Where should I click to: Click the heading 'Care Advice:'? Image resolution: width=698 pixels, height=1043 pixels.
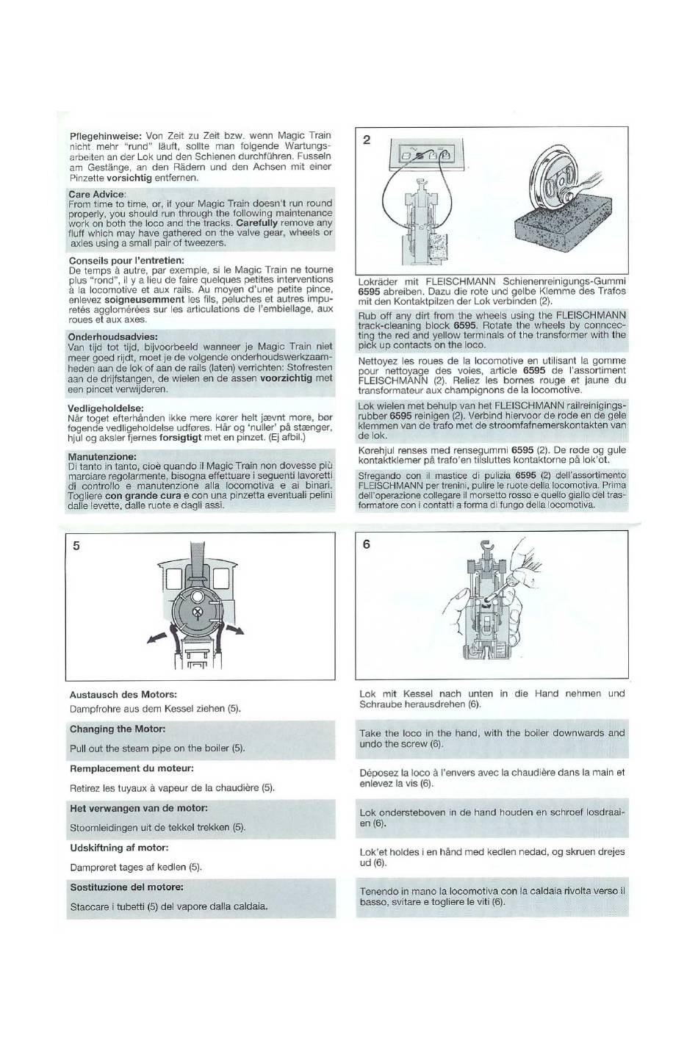tap(97, 194)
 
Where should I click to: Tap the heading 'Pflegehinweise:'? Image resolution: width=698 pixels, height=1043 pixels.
tap(105, 137)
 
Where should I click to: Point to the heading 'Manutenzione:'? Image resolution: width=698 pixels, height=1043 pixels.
tap(102, 456)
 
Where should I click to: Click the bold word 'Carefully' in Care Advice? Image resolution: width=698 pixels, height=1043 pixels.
tap(257, 223)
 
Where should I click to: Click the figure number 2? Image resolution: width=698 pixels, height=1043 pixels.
tap(367, 140)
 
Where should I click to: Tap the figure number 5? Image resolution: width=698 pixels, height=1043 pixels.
tap(76, 546)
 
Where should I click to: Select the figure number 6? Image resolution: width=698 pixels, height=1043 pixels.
tap(367, 544)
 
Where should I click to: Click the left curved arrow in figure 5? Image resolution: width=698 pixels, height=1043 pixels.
tap(158, 638)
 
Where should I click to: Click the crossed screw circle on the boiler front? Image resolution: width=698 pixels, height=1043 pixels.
tap(198, 611)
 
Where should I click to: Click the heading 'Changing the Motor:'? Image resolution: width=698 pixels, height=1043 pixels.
tap(118, 729)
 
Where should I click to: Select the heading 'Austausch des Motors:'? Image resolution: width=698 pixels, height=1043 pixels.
tap(123, 695)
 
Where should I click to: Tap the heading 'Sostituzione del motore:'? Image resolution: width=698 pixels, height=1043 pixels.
tap(126, 887)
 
